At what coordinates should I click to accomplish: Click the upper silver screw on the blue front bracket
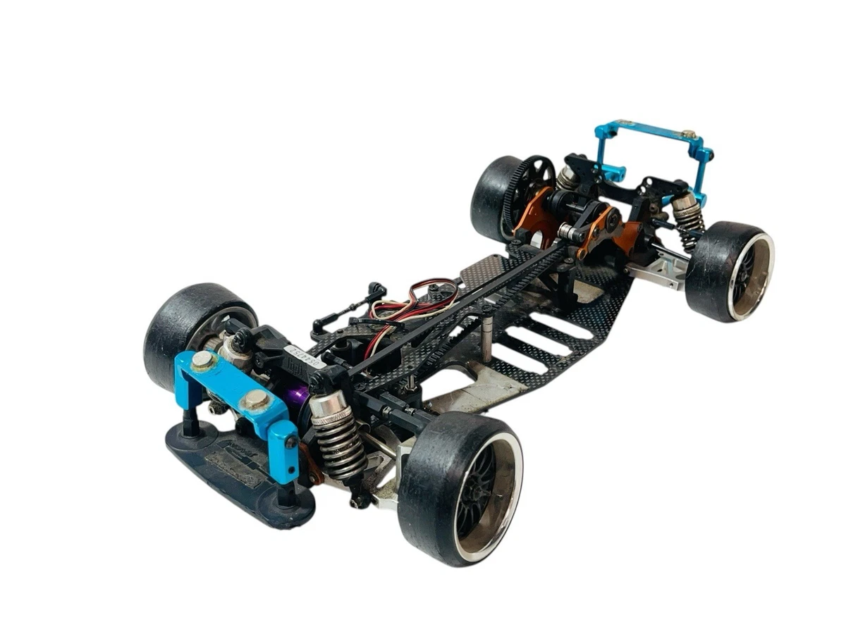pyautogui.click(x=203, y=361)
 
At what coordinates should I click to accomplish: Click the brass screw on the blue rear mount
pyautogui.click(x=689, y=135)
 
